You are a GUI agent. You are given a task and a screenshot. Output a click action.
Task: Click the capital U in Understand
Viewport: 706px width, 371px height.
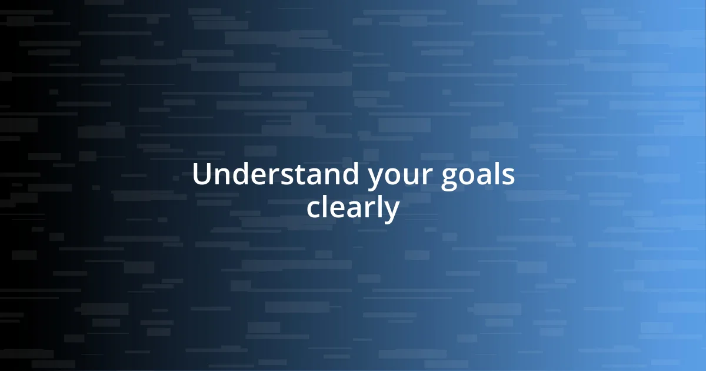[x=202, y=175]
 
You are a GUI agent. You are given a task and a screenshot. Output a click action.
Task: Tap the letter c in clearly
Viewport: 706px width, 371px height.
[x=313, y=209]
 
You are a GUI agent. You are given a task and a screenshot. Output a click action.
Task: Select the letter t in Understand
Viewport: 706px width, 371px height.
[x=299, y=175]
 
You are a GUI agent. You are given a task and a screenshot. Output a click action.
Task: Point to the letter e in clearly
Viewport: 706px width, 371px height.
[x=334, y=209]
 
